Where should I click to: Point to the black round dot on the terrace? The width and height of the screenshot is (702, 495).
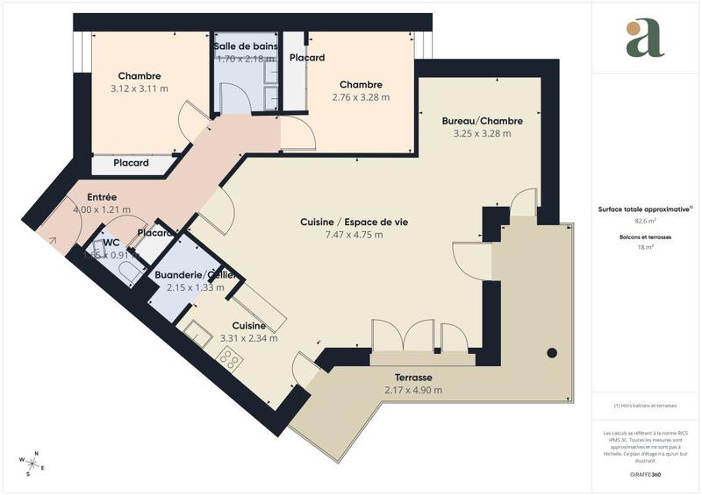[552, 353]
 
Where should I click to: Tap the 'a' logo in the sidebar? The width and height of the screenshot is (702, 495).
[645, 39]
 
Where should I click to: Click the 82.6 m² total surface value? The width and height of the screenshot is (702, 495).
[645, 223]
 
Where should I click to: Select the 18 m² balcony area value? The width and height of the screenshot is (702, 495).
[645, 248]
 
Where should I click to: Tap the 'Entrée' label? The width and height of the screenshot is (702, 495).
[102, 197]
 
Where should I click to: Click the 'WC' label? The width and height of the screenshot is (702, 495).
[111, 243]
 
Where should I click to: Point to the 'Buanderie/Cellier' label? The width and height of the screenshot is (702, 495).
[195, 275]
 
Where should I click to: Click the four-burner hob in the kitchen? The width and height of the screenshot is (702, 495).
[230, 357]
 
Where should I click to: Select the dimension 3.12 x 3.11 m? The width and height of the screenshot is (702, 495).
[139, 88]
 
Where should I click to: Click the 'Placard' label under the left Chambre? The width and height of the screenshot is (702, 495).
[132, 163]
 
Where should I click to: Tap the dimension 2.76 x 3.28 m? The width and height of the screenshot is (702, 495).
[361, 97]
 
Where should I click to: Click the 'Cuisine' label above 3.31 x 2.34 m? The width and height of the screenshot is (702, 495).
[248, 325]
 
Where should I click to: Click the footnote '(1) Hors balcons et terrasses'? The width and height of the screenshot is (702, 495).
[645, 406]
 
